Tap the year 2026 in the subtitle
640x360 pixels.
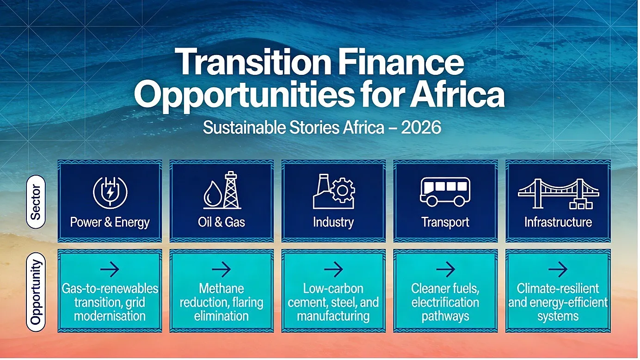(x=421, y=128)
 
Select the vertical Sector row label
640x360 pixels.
(x=36, y=202)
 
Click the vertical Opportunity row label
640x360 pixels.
(x=36, y=292)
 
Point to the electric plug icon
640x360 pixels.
(x=110, y=193)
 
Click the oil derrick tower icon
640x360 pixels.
(x=231, y=190)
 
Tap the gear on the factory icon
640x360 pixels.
(x=343, y=190)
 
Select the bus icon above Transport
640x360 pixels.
(x=445, y=192)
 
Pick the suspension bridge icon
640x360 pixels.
(x=558, y=194)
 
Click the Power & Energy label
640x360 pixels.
(x=110, y=222)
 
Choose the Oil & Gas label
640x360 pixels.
(x=222, y=222)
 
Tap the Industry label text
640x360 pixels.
(x=333, y=222)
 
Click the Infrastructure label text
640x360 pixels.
(x=558, y=222)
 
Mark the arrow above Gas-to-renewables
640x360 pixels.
(x=110, y=269)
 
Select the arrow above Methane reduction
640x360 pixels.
(x=222, y=269)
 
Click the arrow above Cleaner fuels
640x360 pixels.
(x=445, y=269)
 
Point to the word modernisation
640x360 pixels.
(x=110, y=316)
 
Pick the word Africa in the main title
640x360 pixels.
(x=457, y=94)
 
